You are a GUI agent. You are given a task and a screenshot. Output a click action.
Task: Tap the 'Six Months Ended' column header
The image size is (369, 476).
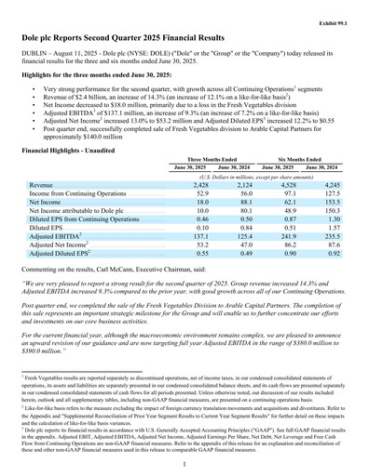pos(302,160)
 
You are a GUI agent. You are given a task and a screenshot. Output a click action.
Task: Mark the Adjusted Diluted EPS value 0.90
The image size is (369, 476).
pos(284,253)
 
